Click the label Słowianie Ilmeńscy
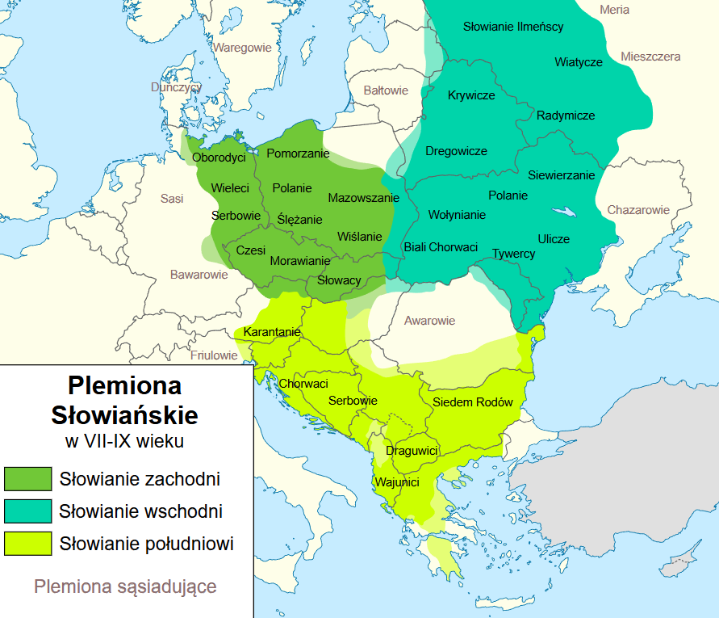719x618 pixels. pos(513,27)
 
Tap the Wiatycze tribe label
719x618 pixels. pos(578,62)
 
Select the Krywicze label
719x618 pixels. pos(471,95)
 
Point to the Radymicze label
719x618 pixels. pos(566,116)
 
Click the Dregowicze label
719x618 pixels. pos(456,151)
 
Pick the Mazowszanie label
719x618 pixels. pos(363,198)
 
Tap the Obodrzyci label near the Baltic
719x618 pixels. pos(219,157)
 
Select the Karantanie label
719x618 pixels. pos(272,332)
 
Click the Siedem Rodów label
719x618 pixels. pos(473,402)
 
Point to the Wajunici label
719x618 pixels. pos(395,483)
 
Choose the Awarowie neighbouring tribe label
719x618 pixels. pos(429,321)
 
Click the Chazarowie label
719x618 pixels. pos(639,210)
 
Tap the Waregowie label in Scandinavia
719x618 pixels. pos(242,48)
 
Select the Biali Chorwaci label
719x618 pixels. pos(441,247)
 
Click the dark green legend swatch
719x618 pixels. pos(27,479)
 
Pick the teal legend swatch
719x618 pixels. pos(27,511)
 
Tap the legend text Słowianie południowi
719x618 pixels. pos(146,544)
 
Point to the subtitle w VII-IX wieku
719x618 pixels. pos(124,441)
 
